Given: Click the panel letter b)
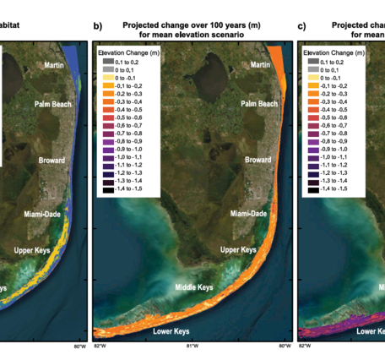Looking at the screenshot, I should click(98, 26).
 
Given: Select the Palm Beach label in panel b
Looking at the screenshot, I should click(256, 104).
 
